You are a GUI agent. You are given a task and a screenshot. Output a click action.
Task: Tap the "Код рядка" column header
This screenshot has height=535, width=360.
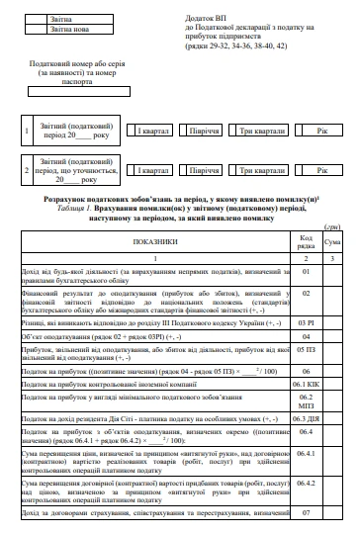pyautogui.click(x=307, y=241)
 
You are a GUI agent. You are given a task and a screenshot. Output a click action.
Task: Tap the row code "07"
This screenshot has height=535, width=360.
pyautogui.click(x=307, y=513)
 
